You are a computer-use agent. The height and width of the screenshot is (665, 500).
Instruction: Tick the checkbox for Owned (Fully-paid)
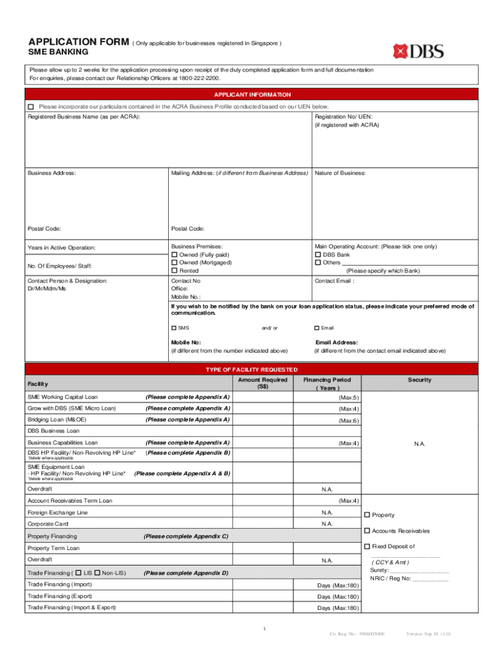[174, 255]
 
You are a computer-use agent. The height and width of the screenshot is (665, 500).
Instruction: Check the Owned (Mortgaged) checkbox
[174, 262]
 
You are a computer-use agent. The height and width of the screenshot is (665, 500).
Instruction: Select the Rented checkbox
[174, 270]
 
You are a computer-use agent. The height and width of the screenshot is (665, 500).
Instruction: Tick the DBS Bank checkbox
[318, 255]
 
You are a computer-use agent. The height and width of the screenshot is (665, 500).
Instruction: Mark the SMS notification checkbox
[174, 328]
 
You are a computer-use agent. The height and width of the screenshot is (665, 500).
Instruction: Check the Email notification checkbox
[317, 328]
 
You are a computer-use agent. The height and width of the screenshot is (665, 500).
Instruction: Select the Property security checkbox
[367, 515]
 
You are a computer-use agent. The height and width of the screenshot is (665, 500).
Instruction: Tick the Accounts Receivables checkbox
[367, 531]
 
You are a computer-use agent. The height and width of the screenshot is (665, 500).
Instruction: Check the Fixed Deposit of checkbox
[367, 546]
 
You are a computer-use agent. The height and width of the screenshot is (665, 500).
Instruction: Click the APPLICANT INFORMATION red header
[252, 94]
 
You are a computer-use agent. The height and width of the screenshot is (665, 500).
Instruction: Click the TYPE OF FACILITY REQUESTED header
[252, 369]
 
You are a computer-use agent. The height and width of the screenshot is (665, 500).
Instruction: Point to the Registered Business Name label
[84, 116]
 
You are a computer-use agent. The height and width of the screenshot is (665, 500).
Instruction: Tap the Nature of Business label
[340, 173]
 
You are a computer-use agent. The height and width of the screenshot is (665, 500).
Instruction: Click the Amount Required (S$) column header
[262, 383]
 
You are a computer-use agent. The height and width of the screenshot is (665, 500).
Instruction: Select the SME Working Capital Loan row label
[62, 397]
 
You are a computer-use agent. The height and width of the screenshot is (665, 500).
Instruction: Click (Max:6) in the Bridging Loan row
[349, 421]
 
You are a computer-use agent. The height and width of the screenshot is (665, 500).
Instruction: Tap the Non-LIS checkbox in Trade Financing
[97, 573]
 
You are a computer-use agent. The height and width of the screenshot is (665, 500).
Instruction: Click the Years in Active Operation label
[61, 248]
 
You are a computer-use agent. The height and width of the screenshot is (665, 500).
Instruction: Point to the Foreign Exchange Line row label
[57, 512]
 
